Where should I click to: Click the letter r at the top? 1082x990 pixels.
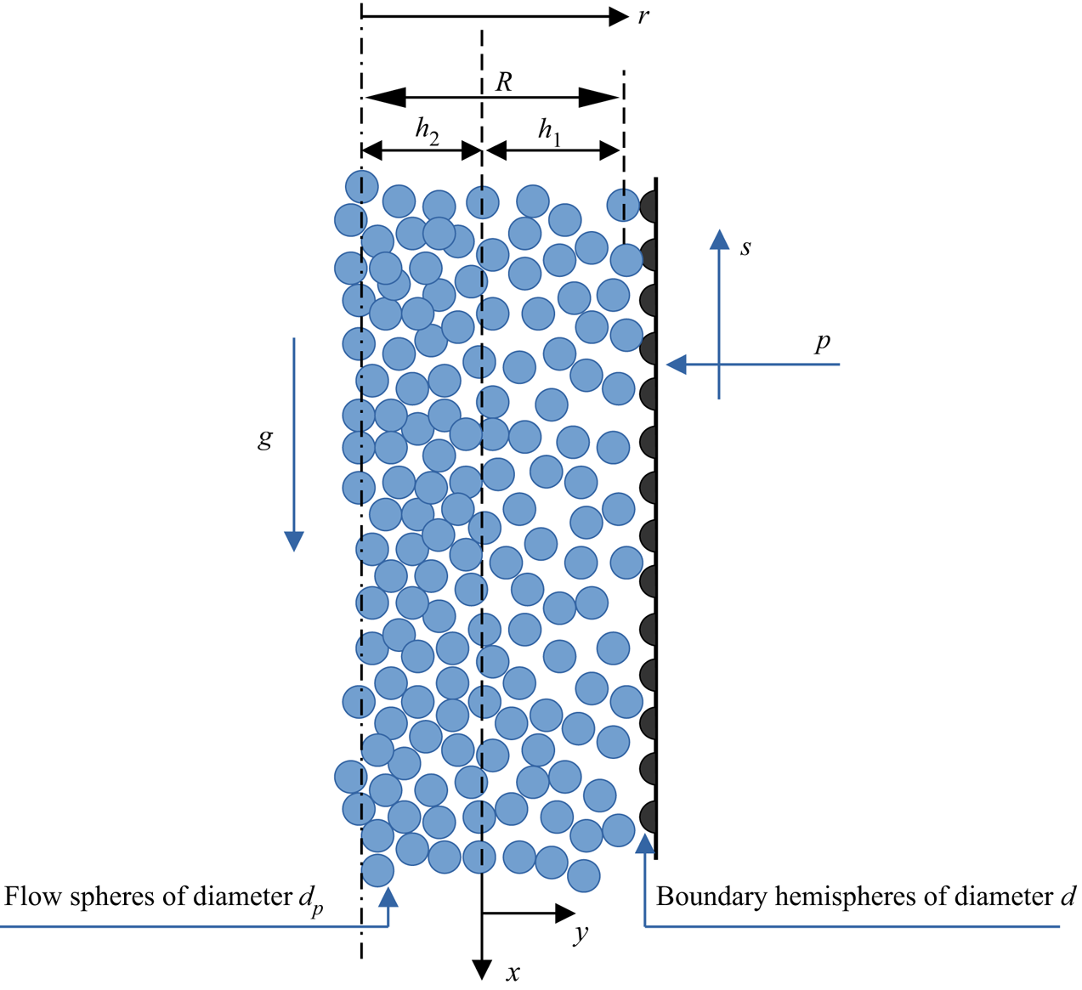point(643,16)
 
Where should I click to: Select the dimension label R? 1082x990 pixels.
point(504,82)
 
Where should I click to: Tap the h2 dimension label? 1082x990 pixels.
point(427,132)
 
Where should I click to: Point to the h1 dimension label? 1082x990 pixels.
point(550,132)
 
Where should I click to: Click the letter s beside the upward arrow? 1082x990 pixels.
point(745,248)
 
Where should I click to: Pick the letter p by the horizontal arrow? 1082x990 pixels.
point(822,343)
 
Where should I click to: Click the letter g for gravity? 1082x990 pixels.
point(265,438)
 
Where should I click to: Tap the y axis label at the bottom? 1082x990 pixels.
point(581,934)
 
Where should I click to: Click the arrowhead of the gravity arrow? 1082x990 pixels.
point(293,541)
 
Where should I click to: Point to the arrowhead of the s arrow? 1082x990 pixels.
point(719,240)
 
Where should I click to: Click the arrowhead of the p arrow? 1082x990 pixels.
point(677,365)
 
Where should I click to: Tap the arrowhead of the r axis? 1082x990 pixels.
point(619,16)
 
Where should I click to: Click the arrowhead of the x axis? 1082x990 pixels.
point(482,969)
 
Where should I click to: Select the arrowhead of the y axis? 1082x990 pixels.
point(565,914)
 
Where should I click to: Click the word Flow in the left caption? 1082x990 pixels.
point(31,897)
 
